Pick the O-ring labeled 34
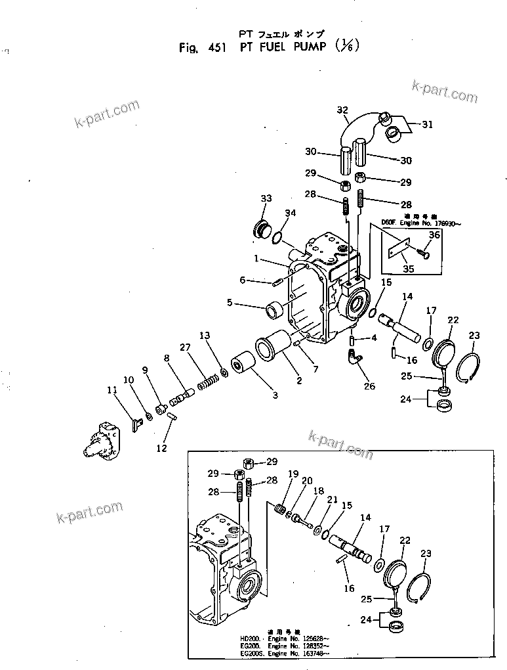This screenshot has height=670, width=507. pos(279,233)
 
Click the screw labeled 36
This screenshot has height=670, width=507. pos(424,251)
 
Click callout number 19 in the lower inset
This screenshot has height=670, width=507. pos(293,474)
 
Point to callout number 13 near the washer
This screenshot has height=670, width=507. pos(205,336)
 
